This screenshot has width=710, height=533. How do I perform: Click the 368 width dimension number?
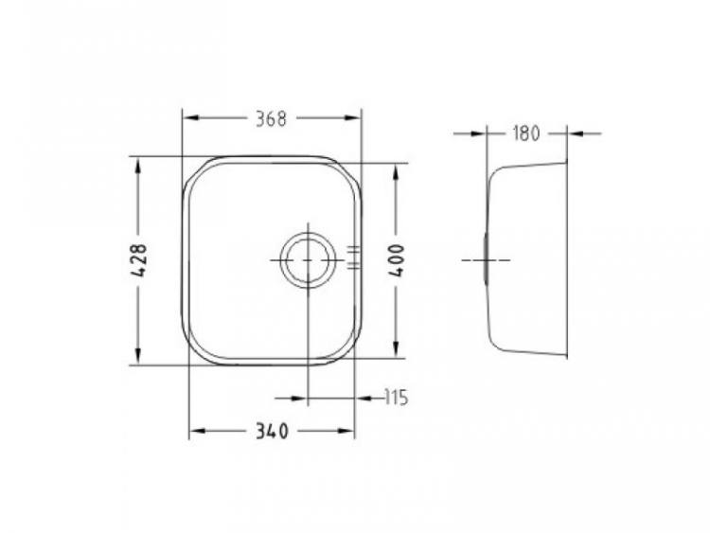[270, 118]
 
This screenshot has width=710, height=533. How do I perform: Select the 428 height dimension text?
[138, 260]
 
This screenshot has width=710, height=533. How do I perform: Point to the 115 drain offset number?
[395, 399]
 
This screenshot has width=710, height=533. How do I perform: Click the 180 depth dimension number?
[525, 133]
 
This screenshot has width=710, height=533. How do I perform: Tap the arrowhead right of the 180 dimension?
[575, 133]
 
